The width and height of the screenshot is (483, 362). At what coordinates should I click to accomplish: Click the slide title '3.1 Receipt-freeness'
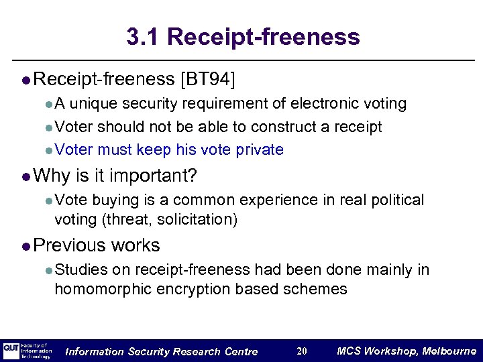(243, 36)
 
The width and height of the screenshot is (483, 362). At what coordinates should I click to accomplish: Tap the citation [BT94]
(208, 80)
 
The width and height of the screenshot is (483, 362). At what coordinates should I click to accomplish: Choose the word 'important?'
(154, 176)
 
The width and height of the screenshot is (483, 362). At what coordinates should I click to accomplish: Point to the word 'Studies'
(81, 269)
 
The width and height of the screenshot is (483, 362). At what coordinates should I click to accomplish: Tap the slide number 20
(301, 351)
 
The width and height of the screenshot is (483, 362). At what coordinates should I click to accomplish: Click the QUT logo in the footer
(11, 351)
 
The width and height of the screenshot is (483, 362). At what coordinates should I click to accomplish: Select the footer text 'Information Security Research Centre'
(161, 351)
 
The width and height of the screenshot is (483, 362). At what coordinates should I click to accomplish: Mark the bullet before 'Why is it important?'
(25, 177)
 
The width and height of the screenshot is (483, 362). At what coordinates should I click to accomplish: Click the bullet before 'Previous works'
(25, 247)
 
